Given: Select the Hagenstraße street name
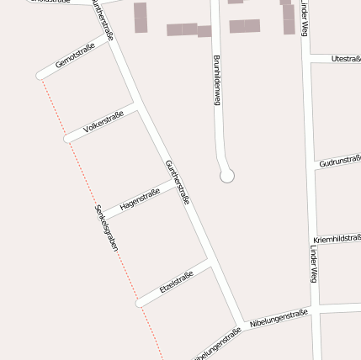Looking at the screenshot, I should (140, 199).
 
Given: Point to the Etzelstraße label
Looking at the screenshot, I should (176, 281).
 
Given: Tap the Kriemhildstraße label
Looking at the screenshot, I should (336, 239).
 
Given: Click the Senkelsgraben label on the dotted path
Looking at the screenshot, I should (107, 228).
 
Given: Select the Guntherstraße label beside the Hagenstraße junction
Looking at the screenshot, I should (178, 182).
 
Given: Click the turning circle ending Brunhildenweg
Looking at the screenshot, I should (226, 176).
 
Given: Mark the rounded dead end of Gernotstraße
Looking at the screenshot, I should (40, 75).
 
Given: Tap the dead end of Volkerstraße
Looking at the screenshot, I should (68, 138).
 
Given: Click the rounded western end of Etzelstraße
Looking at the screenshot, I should (140, 303).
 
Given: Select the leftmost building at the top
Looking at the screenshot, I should (140, 17).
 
